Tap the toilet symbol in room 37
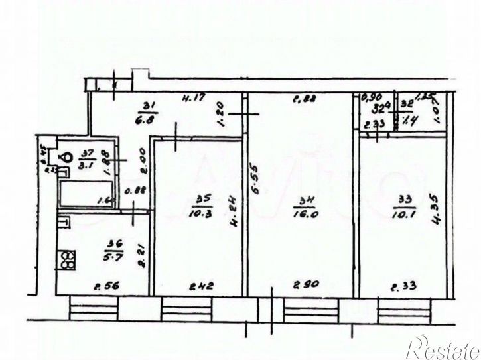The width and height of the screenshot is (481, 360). (67, 158)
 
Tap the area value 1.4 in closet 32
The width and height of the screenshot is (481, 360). (407, 121)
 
